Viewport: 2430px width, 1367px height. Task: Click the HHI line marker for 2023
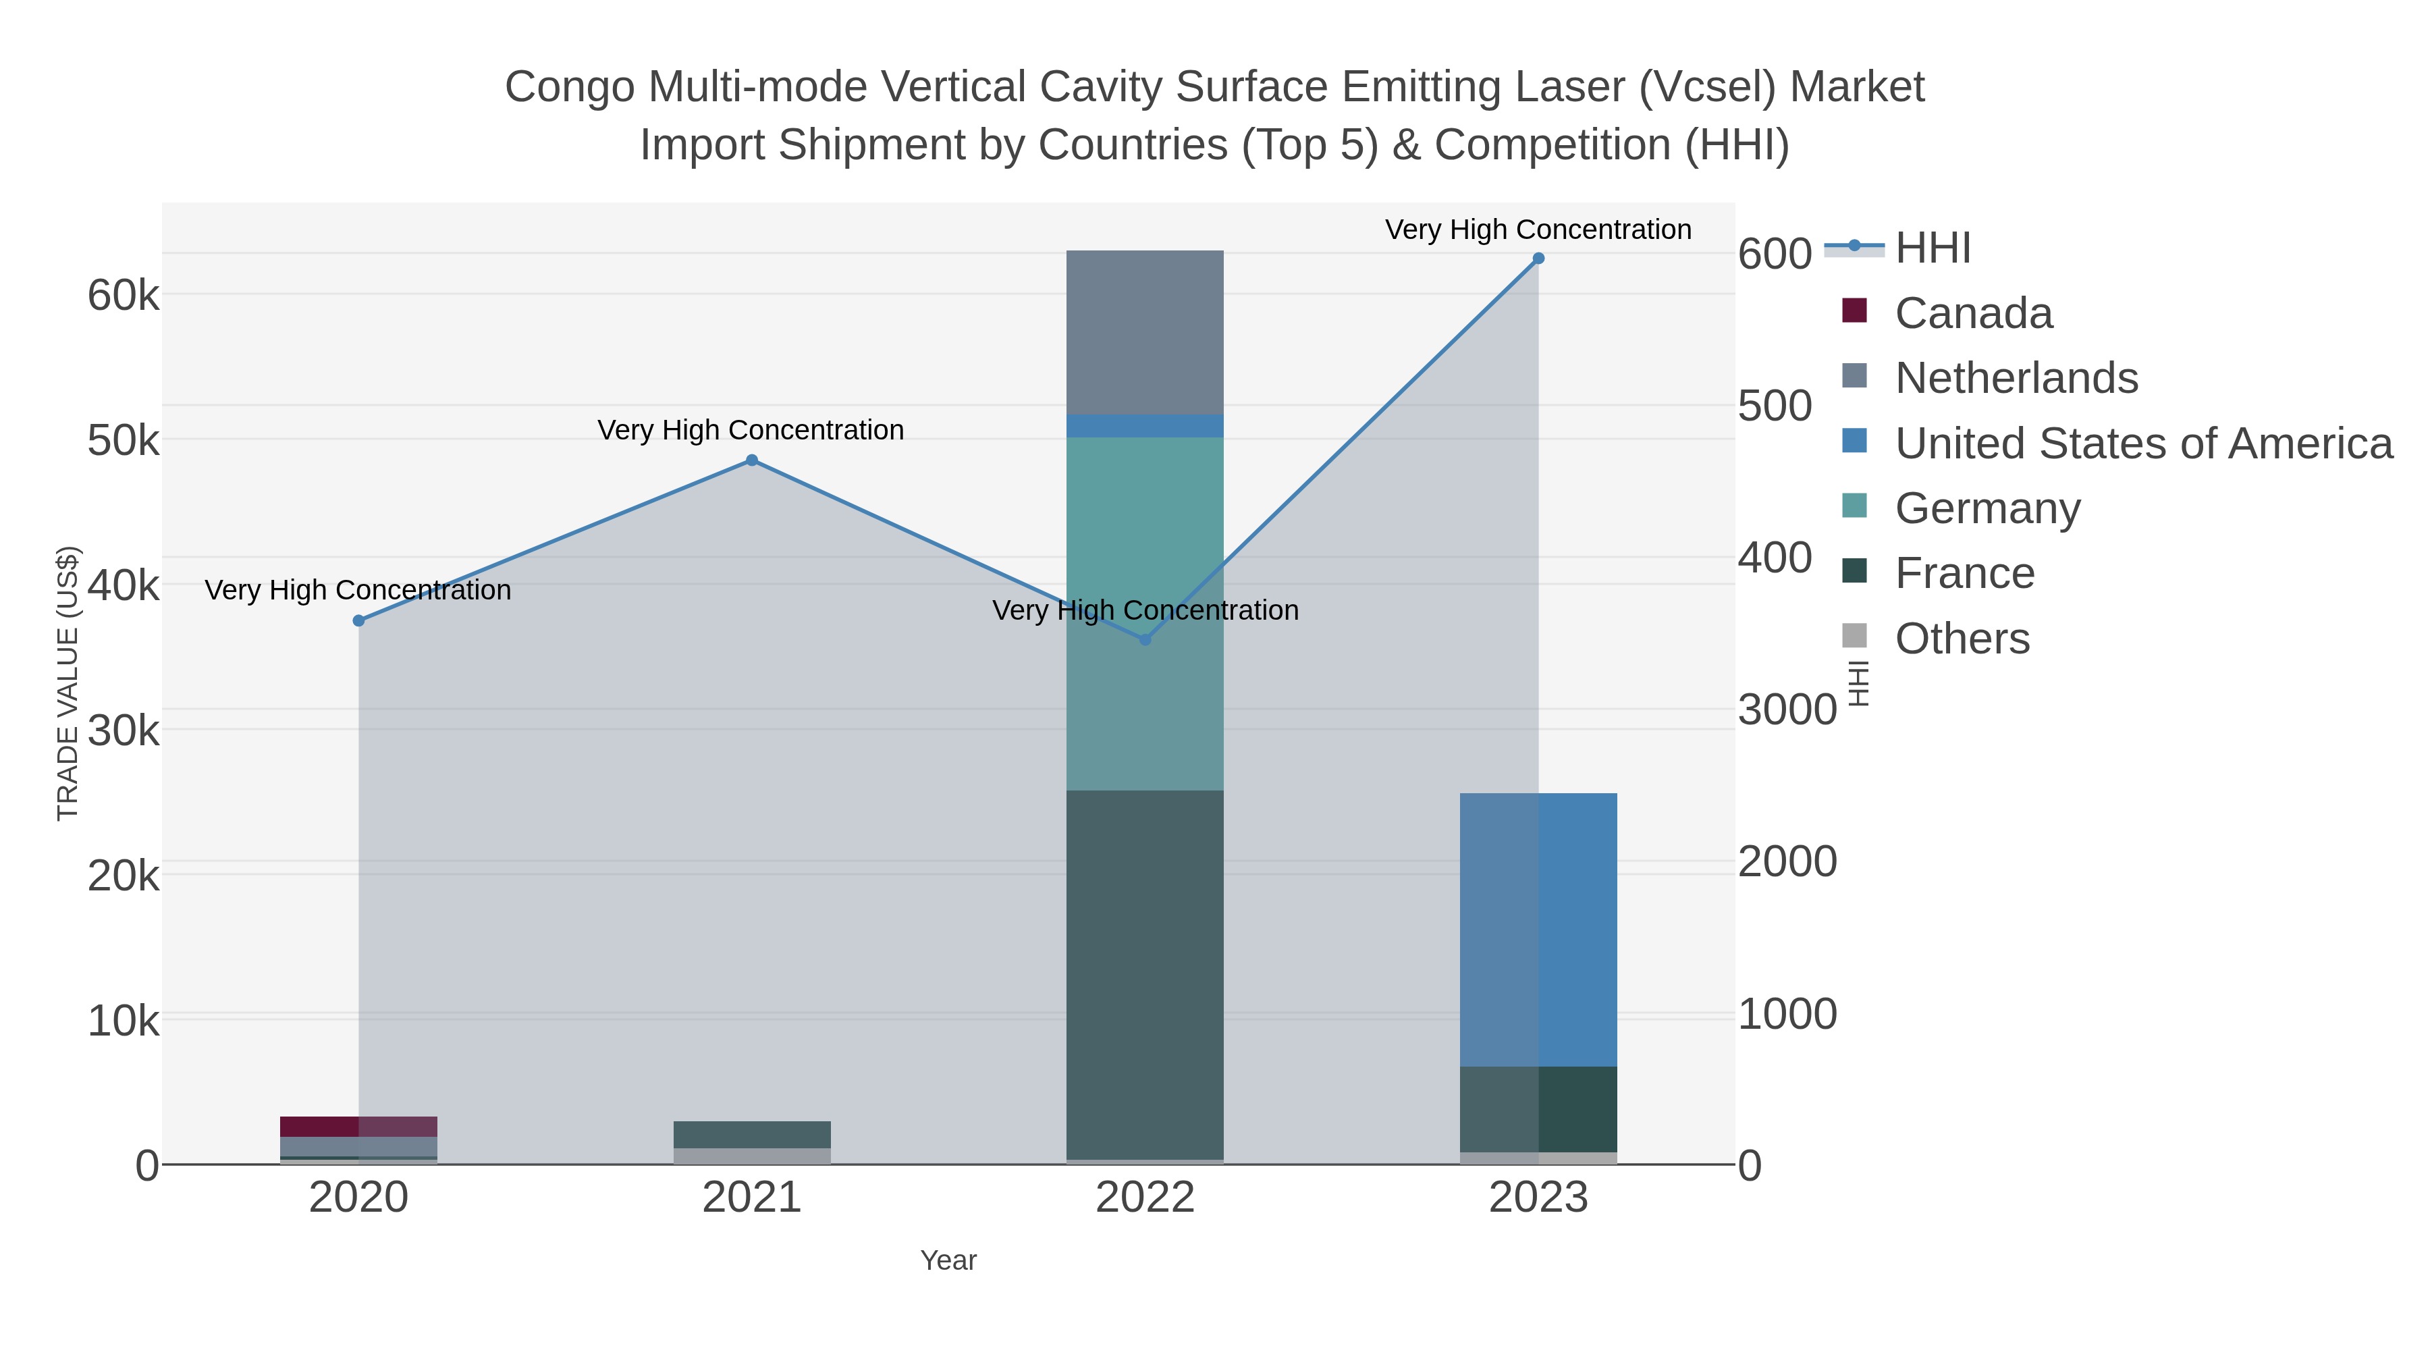[1538, 259]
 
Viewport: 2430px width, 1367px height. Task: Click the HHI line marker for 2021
[752, 460]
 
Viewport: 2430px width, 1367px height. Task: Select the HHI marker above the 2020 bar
[358, 621]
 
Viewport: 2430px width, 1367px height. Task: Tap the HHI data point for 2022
[1145, 640]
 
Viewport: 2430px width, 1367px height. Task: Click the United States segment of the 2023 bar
[1538, 930]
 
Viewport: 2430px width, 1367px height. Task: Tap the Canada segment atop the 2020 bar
[358, 1127]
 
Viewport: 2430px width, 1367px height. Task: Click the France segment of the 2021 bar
[752, 1135]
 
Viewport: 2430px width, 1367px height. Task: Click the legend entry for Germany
[1987, 508]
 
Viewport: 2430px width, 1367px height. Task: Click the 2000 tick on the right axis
[1787, 861]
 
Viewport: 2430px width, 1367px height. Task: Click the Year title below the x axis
[948, 1260]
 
